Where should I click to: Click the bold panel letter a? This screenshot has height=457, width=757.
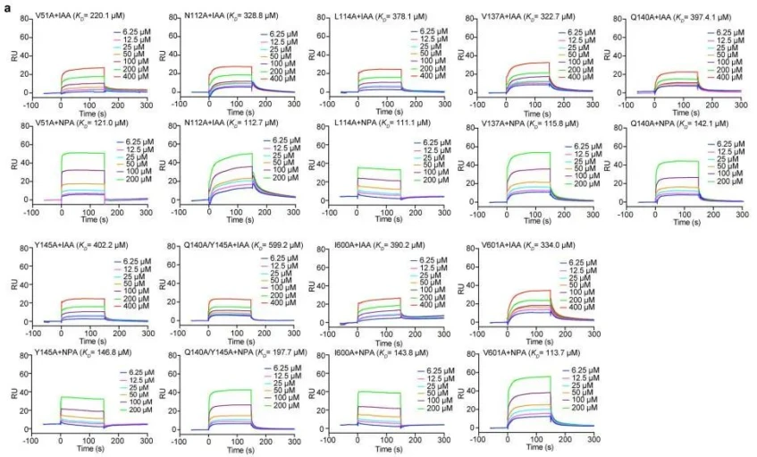click(6, 7)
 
